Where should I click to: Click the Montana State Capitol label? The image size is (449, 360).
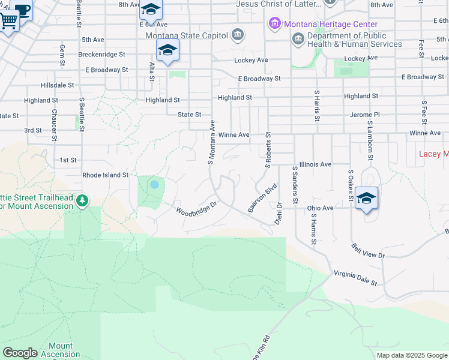tap(187, 34)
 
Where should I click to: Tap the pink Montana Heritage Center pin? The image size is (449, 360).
tap(274, 24)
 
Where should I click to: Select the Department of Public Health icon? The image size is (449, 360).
tap(298, 40)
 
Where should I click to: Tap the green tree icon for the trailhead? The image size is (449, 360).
tap(82, 200)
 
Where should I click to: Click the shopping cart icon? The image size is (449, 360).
tap(8, 21)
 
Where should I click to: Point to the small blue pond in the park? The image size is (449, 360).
tap(154, 184)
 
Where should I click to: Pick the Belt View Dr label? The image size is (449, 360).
tap(368, 251)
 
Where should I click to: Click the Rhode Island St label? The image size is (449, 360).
tap(106, 175)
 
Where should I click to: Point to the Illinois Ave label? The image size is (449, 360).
tap(315, 164)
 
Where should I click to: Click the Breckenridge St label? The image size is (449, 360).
tap(101, 53)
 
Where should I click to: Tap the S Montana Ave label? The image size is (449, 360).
tap(211, 142)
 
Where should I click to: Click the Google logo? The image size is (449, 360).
tap(20, 353)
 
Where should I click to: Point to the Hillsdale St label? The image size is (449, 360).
tap(57, 85)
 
